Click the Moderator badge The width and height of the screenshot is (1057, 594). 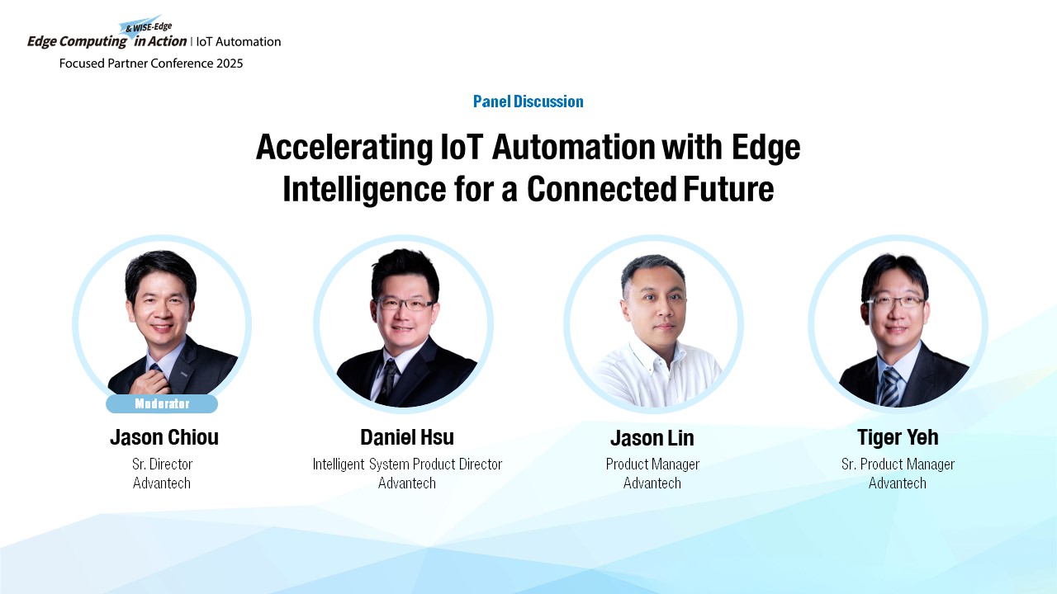pyautogui.click(x=162, y=403)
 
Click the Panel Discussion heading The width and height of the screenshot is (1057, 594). pyautogui.click(x=528, y=101)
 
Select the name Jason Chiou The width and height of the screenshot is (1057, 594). pyautogui.click(x=164, y=437)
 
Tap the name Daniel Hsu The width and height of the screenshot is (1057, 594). pyautogui.click(x=407, y=437)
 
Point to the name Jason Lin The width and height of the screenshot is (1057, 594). pyautogui.click(x=652, y=438)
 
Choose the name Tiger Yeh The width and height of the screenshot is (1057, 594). pyautogui.click(x=898, y=437)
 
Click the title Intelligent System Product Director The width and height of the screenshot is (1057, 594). pyautogui.click(x=407, y=464)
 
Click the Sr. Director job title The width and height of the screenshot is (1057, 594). pyautogui.click(x=163, y=464)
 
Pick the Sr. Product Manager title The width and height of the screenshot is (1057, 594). pyautogui.click(x=898, y=464)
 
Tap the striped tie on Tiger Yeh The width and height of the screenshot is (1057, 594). pyautogui.click(x=890, y=387)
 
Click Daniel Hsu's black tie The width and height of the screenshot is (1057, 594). pyautogui.click(x=389, y=381)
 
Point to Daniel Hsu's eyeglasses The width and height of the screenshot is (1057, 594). pyautogui.click(x=405, y=304)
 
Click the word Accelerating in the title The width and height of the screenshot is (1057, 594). pyautogui.click(x=344, y=147)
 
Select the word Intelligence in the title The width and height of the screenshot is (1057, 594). pyautogui.click(x=364, y=190)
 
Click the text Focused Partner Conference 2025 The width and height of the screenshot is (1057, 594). pyautogui.click(x=151, y=64)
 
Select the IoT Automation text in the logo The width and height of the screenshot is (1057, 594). pyautogui.click(x=239, y=41)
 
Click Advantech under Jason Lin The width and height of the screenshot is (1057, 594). pyautogui.click(x=652, y=483)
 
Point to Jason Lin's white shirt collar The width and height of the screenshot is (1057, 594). pyautogui.click(x=656, y=356)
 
